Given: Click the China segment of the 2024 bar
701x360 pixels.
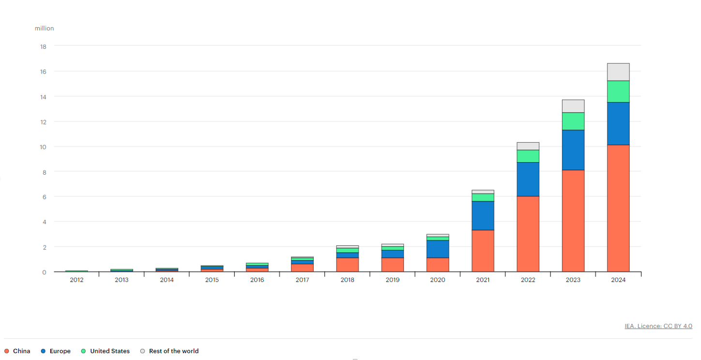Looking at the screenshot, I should pos(618,208).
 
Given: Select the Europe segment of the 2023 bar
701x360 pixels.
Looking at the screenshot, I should pos(573,150).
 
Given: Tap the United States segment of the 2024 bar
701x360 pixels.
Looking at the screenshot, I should pos(618,91).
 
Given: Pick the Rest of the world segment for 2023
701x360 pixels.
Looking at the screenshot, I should pos(573,106).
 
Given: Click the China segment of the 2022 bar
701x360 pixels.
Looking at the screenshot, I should pos(528,234).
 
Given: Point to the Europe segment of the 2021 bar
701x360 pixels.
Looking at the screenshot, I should pos(483,215).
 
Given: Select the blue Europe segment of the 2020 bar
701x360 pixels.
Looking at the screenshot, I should pos(438,249).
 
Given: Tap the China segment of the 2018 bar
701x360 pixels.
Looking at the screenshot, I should pos(348,265).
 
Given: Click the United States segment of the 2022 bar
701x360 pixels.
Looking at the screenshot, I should pos(528,156).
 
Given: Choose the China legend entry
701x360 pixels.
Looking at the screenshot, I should pos(17,351).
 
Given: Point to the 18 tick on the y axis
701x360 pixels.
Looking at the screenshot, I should pos(43,46).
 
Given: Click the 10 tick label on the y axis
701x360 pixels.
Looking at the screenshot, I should pos(43,147).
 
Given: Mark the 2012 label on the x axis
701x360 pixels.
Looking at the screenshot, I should pos(76,280).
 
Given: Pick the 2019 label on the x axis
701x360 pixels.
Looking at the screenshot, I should pos(393,280).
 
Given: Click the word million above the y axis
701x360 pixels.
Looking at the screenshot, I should pos(44,29).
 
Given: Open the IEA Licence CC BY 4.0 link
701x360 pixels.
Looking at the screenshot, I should pos(658,326).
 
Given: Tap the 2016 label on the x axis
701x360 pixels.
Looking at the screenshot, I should pos(257,280).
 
